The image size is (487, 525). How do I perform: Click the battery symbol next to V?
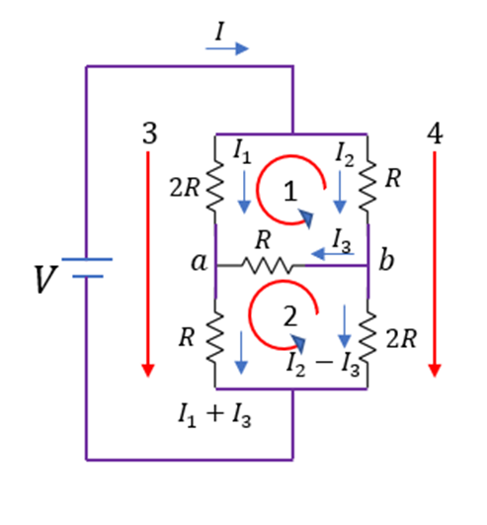(87, 268)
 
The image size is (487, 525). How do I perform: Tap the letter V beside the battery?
(45, 279)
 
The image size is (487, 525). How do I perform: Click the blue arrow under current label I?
(227, 48)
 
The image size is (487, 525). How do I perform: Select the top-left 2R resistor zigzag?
(214, 186)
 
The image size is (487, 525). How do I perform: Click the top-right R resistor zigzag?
(367, 186)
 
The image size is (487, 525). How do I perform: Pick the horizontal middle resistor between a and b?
(267, 266)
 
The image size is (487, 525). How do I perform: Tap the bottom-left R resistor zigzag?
(214, 337)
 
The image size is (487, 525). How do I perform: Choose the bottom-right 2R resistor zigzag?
(367, 337)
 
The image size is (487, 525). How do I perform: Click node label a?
(199, 261)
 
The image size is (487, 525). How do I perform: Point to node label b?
(386, 258)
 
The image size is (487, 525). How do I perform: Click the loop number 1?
(290, 191)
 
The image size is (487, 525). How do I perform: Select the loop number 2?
(290, 316)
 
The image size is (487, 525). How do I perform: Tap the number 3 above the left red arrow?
(150, 133)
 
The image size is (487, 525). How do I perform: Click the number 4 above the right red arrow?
(436, 133)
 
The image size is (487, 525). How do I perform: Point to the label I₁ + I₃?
(214, 415)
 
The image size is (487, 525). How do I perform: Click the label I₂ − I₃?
(323, 364)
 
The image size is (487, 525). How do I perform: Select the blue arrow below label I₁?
(244, 192)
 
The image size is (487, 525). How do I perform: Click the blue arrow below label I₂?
(340, 192)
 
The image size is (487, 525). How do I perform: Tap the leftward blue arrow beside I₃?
(333, 254)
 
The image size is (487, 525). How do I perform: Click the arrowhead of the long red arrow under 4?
(435, 371)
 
